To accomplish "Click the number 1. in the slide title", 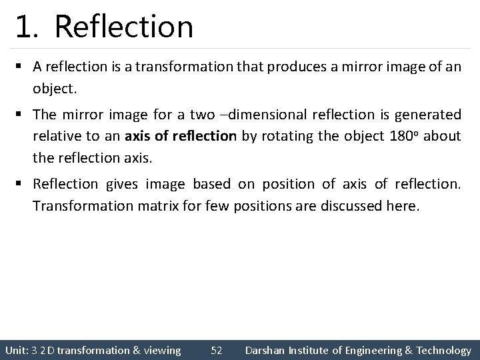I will click(x=30, y=27).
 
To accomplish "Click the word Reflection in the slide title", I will click(x=124, y=27).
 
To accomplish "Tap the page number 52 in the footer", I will click(x=216, y=350).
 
